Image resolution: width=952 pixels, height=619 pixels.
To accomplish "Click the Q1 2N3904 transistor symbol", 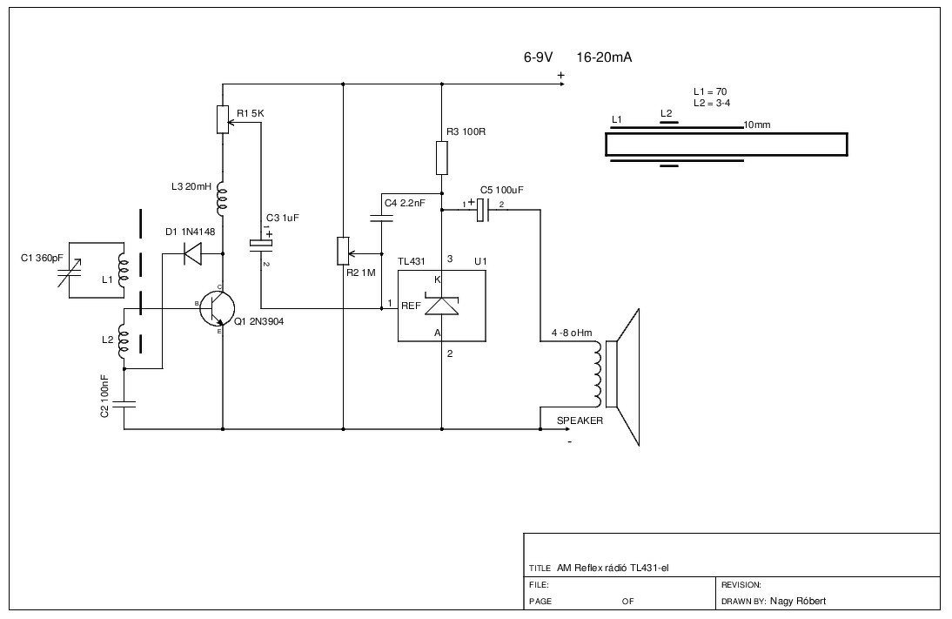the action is click(218, 308).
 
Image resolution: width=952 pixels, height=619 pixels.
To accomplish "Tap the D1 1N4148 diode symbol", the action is click(193, 253).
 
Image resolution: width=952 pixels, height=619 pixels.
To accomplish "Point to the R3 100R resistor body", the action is click(441, 158).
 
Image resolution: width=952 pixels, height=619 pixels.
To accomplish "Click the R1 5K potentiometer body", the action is click(223, 119).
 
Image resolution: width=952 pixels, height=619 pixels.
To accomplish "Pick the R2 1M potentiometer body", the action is click(343, 251).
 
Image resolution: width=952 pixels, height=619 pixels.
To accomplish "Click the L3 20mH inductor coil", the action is click(222, 199).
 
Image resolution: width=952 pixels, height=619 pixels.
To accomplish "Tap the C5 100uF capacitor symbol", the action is click(483, 210).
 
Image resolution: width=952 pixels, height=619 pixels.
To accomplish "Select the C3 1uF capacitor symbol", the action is click(261, 244).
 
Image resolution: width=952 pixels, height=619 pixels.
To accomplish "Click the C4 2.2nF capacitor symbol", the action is click(381, 218).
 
